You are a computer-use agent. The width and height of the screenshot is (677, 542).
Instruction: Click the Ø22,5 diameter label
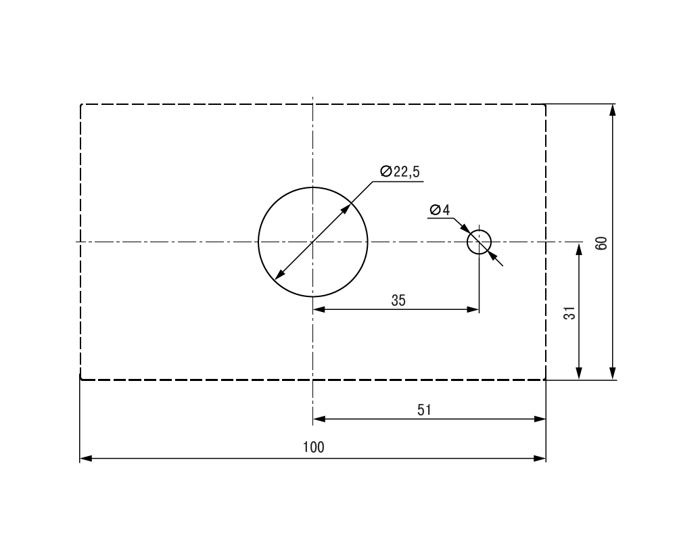(400, 171)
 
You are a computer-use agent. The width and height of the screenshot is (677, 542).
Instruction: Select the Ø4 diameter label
(440, 210)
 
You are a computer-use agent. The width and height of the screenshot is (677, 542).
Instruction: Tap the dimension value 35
(398, 300)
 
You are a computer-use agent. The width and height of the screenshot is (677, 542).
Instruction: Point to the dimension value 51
(425, 410)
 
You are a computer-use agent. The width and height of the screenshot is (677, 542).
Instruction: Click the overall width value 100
(313, 447)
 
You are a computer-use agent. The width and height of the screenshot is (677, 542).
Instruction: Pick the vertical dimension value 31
(569, 313)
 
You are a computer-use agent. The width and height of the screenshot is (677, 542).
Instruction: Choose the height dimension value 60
(601, 244)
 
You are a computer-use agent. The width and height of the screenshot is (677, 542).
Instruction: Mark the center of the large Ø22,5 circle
(313, 242)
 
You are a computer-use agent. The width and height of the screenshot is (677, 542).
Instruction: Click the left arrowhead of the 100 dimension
(85, 458)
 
